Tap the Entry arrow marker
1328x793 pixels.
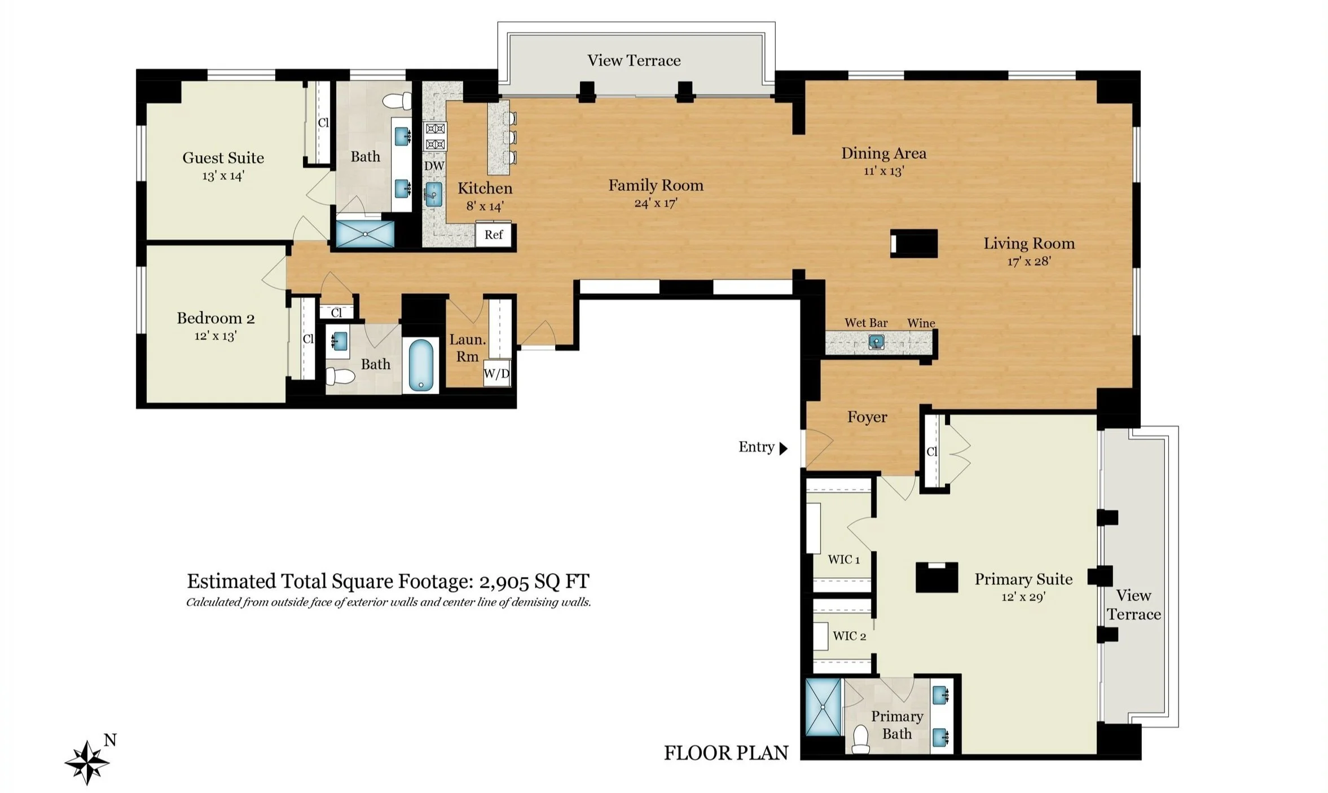click(x=783, y=448)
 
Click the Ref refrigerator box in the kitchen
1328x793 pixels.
click(x=494, y=234)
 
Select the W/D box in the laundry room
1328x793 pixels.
click(x=497, y=373)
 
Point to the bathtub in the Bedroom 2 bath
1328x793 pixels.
click(x=420, y=364)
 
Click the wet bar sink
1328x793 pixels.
click(x=876, y=342)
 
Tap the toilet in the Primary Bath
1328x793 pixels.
click(x=860, y=739)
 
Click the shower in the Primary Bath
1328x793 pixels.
click(x=823, y=707)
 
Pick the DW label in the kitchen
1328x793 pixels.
click(x=434, y=166)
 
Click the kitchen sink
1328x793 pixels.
click(x=433, y=194)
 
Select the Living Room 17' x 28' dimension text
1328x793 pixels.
click(x=1029, y=261)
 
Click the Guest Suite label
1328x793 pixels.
click(x=223, y=157)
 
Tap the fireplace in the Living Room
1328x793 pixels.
click(x=914, y=244)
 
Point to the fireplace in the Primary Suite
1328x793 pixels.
click(x=936, y=577)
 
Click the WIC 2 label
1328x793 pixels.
click(x=849, y=636)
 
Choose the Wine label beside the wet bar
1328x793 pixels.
click(x=921, y=323)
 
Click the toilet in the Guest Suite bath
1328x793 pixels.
click(x=398, y=101)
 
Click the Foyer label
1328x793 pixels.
click(x=867, y=417)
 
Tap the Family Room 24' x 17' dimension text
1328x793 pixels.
click(x=656, y=203)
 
